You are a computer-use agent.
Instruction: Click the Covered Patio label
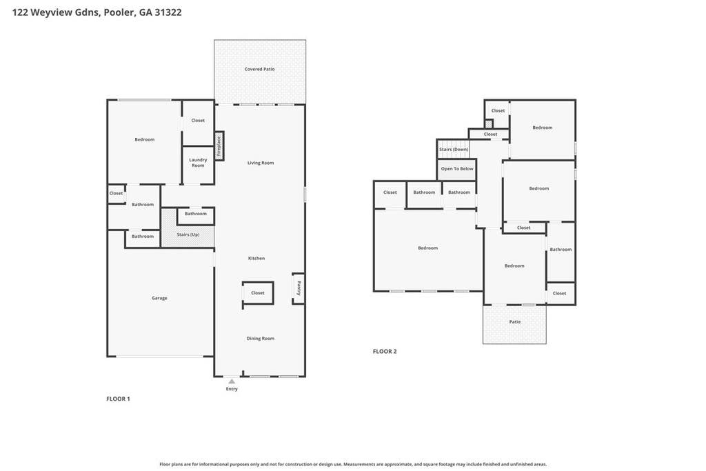[x=259, y=70]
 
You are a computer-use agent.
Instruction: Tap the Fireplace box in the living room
[x=219, y=146]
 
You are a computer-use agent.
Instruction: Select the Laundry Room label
[x=198, y=163]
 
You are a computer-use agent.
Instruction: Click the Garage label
[x=159, y=298]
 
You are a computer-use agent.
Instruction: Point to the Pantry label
[x=299, y=288]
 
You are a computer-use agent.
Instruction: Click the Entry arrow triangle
[x=232, y=381]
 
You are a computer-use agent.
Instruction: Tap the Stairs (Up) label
[x=188, y=234]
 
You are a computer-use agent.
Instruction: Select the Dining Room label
[x=260, y=339]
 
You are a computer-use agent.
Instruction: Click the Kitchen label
[x=256, y=259]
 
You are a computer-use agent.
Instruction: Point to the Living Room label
[x=260, y=163]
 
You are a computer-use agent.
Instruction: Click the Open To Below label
[x=457, y=169]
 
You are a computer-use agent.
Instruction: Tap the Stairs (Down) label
[x=454, y=150]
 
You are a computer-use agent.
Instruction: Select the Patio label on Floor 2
[x=514, y=322]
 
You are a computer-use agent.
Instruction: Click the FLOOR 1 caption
[x=118, y=399]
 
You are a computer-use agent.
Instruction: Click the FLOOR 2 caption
[x=385, y=352]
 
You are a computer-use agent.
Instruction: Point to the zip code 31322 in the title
[x=168, y=12]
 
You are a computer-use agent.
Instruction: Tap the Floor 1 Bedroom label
[x=145, y=139]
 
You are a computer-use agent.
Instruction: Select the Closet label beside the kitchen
[x=258, y=293]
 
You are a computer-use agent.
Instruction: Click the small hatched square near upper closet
[x=489, y=123]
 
